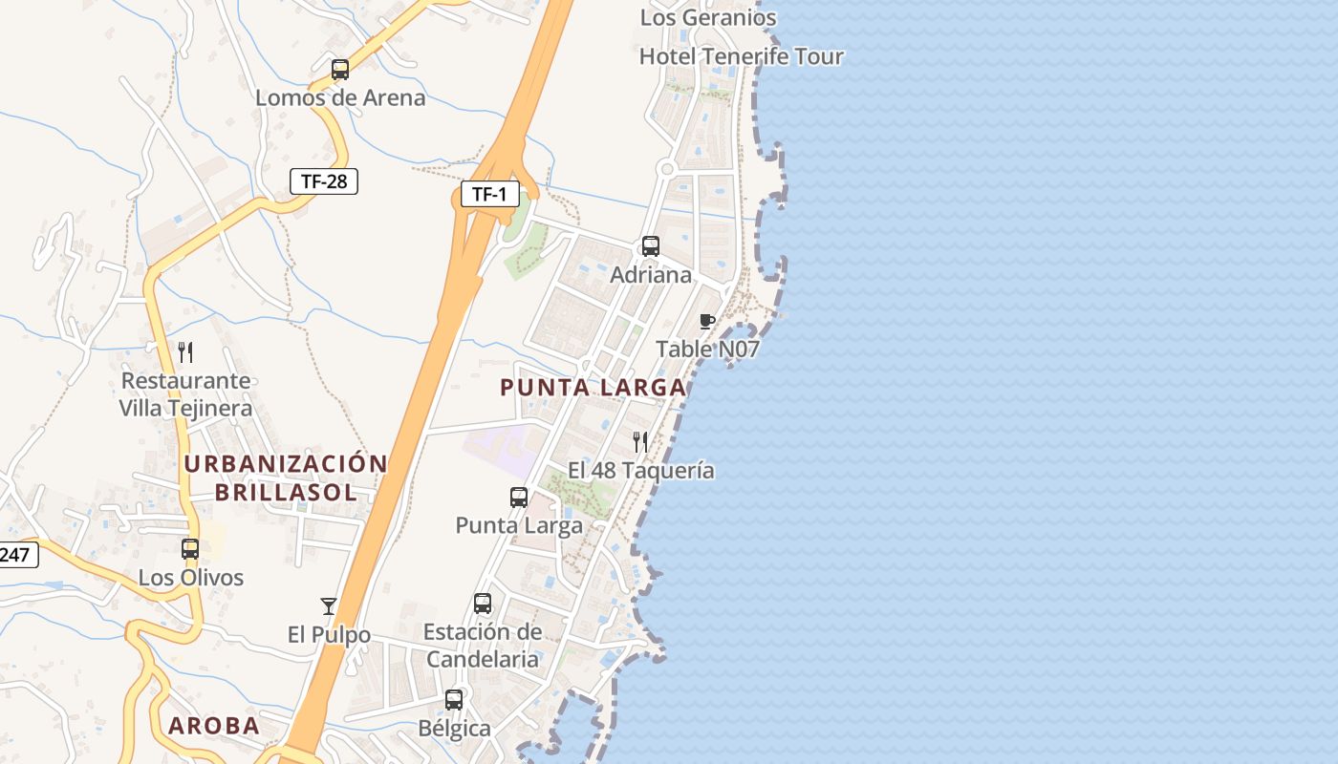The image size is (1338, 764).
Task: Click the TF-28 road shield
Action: [324, 181]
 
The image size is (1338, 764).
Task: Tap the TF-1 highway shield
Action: [489, 195]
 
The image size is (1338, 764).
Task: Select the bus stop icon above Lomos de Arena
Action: [339, 69]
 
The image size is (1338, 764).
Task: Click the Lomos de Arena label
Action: [340, 97]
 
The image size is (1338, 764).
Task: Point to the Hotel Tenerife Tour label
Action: [741, 56]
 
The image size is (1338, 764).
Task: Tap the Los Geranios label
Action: [708, 17]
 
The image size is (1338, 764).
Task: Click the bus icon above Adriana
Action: [651, 246]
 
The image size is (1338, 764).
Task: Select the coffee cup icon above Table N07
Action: [707, 321]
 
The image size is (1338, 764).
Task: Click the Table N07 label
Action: [707, 350]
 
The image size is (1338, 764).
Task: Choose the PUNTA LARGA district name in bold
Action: [593, 388]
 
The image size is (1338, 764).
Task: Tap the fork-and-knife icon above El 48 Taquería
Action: [640, 442]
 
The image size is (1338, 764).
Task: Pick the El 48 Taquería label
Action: [640, 471]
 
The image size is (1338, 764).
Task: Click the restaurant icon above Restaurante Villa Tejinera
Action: [185, 352]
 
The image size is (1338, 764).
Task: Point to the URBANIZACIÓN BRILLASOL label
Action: [286, 478]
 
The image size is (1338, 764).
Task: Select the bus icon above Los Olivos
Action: [190, 549]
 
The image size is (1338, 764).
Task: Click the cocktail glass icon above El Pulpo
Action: [329, 605]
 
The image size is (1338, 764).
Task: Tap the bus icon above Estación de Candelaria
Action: [483, 604]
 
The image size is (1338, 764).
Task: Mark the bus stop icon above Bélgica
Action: [454, 700]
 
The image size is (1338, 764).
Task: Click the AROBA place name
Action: [214, 726]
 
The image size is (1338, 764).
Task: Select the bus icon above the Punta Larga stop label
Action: [519, 498]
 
